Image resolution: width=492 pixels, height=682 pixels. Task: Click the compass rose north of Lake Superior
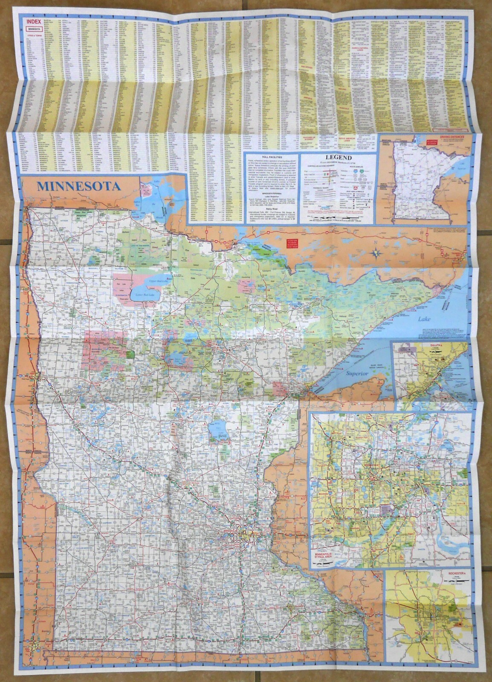tap(376, 254)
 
